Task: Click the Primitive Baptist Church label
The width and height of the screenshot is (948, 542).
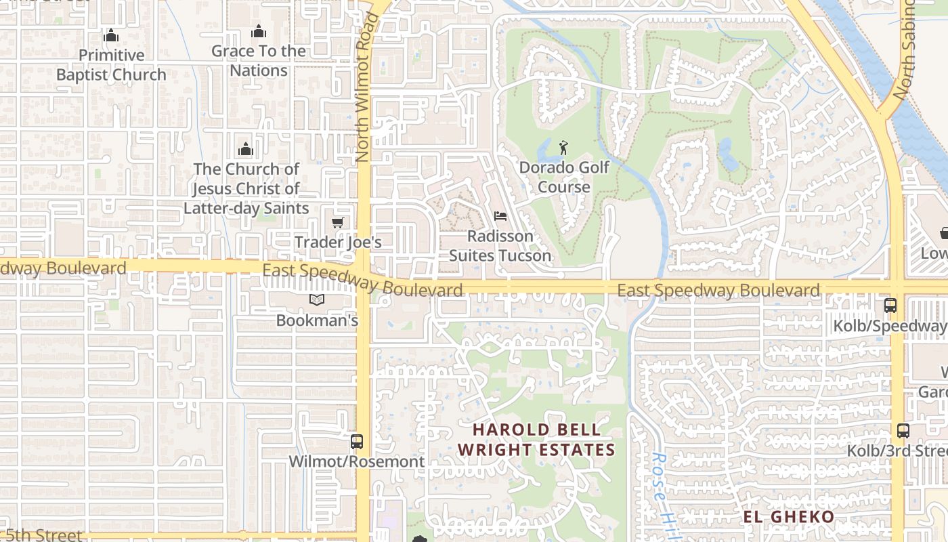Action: point(111,65)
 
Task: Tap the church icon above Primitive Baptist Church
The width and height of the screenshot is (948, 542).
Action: point(111,35)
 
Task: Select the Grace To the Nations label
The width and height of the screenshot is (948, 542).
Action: point(259,60)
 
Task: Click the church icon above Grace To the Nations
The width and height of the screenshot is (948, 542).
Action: point(258,31)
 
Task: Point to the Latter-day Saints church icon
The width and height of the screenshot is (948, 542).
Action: point(245,149)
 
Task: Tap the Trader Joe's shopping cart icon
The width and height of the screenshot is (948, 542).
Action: point(337,222)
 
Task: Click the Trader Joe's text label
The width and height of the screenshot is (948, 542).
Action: point(338,242)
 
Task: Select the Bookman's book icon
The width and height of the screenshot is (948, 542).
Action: point(317,300)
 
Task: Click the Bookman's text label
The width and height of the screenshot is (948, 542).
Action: point(317,320)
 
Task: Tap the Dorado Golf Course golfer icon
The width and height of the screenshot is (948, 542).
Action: point(563,147)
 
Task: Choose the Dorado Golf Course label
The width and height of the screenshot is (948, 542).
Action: point(564,177)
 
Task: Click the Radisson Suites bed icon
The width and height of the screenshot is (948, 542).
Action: point(500,216)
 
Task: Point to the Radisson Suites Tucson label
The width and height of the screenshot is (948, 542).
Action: point(500,246)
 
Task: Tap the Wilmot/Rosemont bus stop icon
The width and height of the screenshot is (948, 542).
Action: point(357,442)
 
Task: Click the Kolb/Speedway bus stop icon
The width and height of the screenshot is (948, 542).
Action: point(890,306)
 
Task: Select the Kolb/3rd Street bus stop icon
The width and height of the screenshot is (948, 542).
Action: point(903,430)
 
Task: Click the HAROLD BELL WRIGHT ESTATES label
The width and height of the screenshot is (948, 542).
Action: point(536,439)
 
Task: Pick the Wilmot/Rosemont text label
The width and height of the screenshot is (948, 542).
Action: point(357,461)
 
